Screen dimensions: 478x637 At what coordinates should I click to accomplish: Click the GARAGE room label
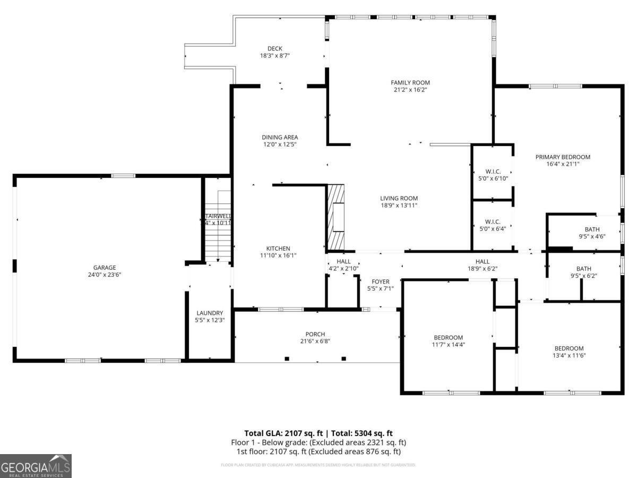105,268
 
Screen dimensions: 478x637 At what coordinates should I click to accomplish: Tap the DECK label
274,49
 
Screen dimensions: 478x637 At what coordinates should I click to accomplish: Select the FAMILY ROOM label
410,82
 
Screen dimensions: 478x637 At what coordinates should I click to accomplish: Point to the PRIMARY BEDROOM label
562,157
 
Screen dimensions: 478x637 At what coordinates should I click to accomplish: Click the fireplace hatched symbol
335,217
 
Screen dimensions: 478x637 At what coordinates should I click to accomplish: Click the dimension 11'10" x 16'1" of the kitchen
278,255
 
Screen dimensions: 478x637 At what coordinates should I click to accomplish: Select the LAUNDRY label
209,313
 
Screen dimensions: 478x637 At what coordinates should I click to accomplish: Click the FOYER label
380,281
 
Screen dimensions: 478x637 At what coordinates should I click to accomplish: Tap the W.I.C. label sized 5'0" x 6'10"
493,171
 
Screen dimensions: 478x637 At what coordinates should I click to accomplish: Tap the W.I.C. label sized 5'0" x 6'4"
493,222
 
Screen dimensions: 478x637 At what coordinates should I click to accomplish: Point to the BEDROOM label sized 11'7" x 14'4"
448,337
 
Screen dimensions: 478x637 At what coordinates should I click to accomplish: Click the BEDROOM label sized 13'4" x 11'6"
569,348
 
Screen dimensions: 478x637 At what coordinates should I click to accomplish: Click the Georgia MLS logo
36,466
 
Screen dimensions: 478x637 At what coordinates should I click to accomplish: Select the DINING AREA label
279,137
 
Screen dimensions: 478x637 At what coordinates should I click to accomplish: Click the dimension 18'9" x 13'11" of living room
399,206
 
